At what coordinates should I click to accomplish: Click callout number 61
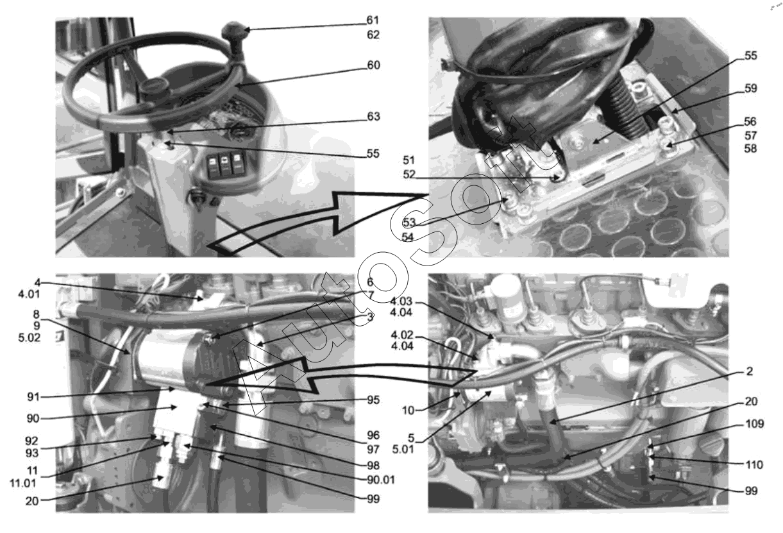click(x=373, y=21)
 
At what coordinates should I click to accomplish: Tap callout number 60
click(x=373, y=65)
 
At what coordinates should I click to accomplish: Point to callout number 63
click(x=373, y=116)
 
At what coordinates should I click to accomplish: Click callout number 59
click(x=750, y=89)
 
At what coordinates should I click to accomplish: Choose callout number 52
click(x=409, y=174)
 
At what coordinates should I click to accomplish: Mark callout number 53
click(x=409, y=223)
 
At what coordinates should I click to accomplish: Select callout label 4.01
click(x=29, y=294)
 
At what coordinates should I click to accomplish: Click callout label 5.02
click(x=29, y=338)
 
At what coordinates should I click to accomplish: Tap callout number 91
click(x=33, y=396)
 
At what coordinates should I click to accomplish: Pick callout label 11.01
click(x=23, y=484)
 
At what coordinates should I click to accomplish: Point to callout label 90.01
click(x=381, y=480)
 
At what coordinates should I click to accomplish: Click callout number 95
click(x=373, y=400)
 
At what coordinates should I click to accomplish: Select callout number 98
click(x=373, y=466)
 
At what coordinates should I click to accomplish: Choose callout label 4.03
click(x=401, y=301)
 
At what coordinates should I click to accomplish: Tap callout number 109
click(x=755, y=424)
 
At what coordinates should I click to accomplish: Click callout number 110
click(x=754, y=465)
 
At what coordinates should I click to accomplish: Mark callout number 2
click(x=750, y=371)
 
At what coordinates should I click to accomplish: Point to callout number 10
click(x=408, y=410)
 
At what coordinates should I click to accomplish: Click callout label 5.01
click(x=403, y=449)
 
